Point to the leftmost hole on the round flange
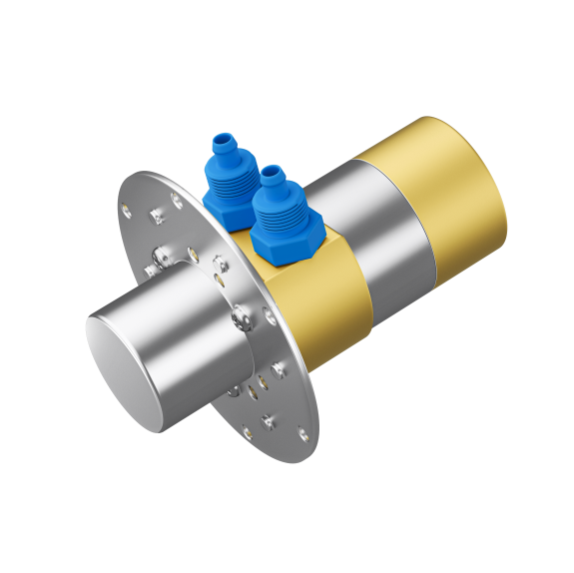pos(126,211)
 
